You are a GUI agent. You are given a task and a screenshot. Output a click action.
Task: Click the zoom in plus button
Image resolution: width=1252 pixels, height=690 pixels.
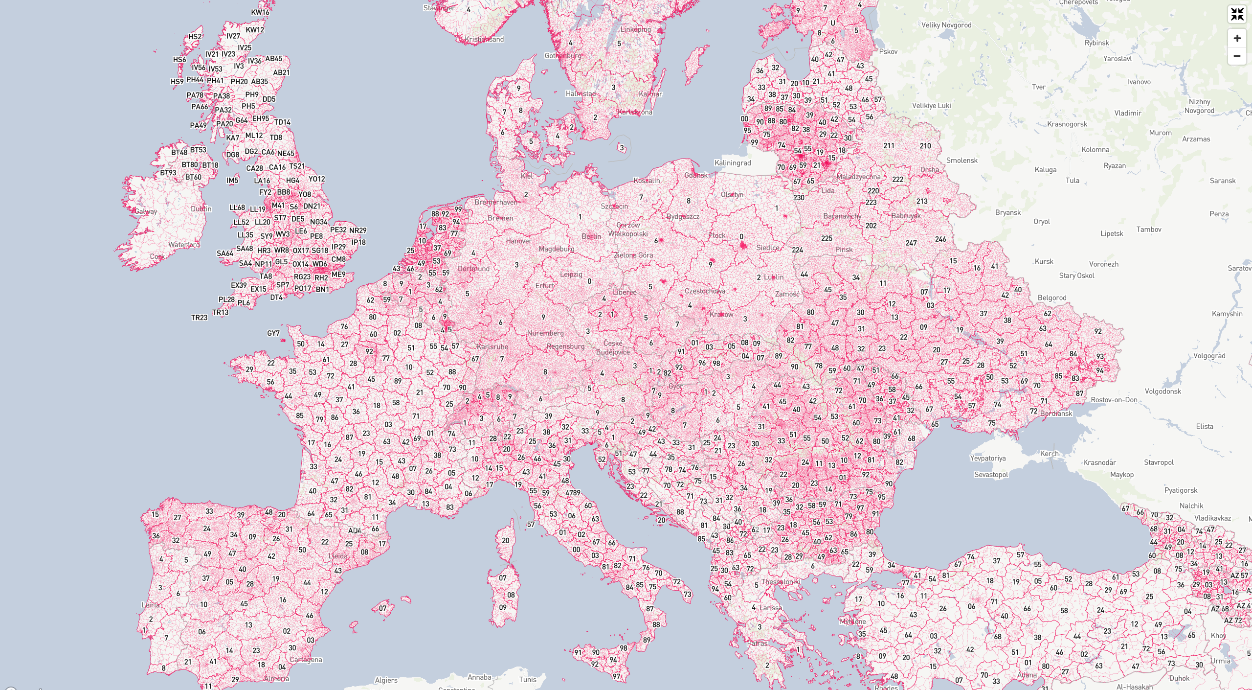point(1237,38)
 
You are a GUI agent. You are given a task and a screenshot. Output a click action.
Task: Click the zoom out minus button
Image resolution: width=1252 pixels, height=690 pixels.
point(1237,56)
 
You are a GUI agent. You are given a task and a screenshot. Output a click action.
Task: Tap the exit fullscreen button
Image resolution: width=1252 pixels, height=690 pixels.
point(1237,14)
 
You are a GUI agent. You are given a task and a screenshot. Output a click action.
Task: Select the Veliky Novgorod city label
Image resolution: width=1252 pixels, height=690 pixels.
point(946,25)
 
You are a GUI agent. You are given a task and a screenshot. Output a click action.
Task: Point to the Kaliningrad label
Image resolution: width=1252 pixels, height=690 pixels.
point(732,163)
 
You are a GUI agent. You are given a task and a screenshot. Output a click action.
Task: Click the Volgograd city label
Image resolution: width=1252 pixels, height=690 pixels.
point(1209,356)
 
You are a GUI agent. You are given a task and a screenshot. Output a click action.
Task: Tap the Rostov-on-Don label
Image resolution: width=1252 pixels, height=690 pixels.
point(1114,400)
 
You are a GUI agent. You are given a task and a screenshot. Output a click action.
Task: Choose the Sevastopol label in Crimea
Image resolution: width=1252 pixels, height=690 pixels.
point(991,475)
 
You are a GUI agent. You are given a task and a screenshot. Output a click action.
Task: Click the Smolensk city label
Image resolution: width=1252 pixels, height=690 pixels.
point(961,161)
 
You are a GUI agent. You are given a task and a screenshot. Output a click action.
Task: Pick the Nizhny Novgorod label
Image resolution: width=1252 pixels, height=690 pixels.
point(1199,106)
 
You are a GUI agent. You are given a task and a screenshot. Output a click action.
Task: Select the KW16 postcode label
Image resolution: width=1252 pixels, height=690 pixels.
point(260,12)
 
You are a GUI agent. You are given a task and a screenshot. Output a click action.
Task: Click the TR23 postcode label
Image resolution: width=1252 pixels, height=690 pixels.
point(199,318)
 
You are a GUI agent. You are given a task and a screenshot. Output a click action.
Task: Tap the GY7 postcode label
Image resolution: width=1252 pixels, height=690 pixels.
point(273,333)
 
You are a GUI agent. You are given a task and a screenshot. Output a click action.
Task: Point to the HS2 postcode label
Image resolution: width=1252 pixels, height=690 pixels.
point(195,37)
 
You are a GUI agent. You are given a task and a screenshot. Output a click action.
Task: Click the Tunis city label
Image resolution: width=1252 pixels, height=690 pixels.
point(528,679)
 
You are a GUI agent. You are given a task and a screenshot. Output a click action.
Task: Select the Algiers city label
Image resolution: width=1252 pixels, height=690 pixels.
point(386,680)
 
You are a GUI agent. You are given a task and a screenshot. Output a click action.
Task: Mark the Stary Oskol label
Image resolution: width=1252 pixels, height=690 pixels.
point(1076,276)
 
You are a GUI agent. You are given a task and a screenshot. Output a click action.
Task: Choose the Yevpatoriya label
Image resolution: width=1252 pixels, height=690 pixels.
point(987,459)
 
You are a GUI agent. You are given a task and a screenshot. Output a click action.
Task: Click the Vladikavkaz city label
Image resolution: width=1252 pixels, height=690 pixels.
point(1212,518)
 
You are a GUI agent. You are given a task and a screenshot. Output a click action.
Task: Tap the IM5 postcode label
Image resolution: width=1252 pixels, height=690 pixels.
point(232,181)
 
